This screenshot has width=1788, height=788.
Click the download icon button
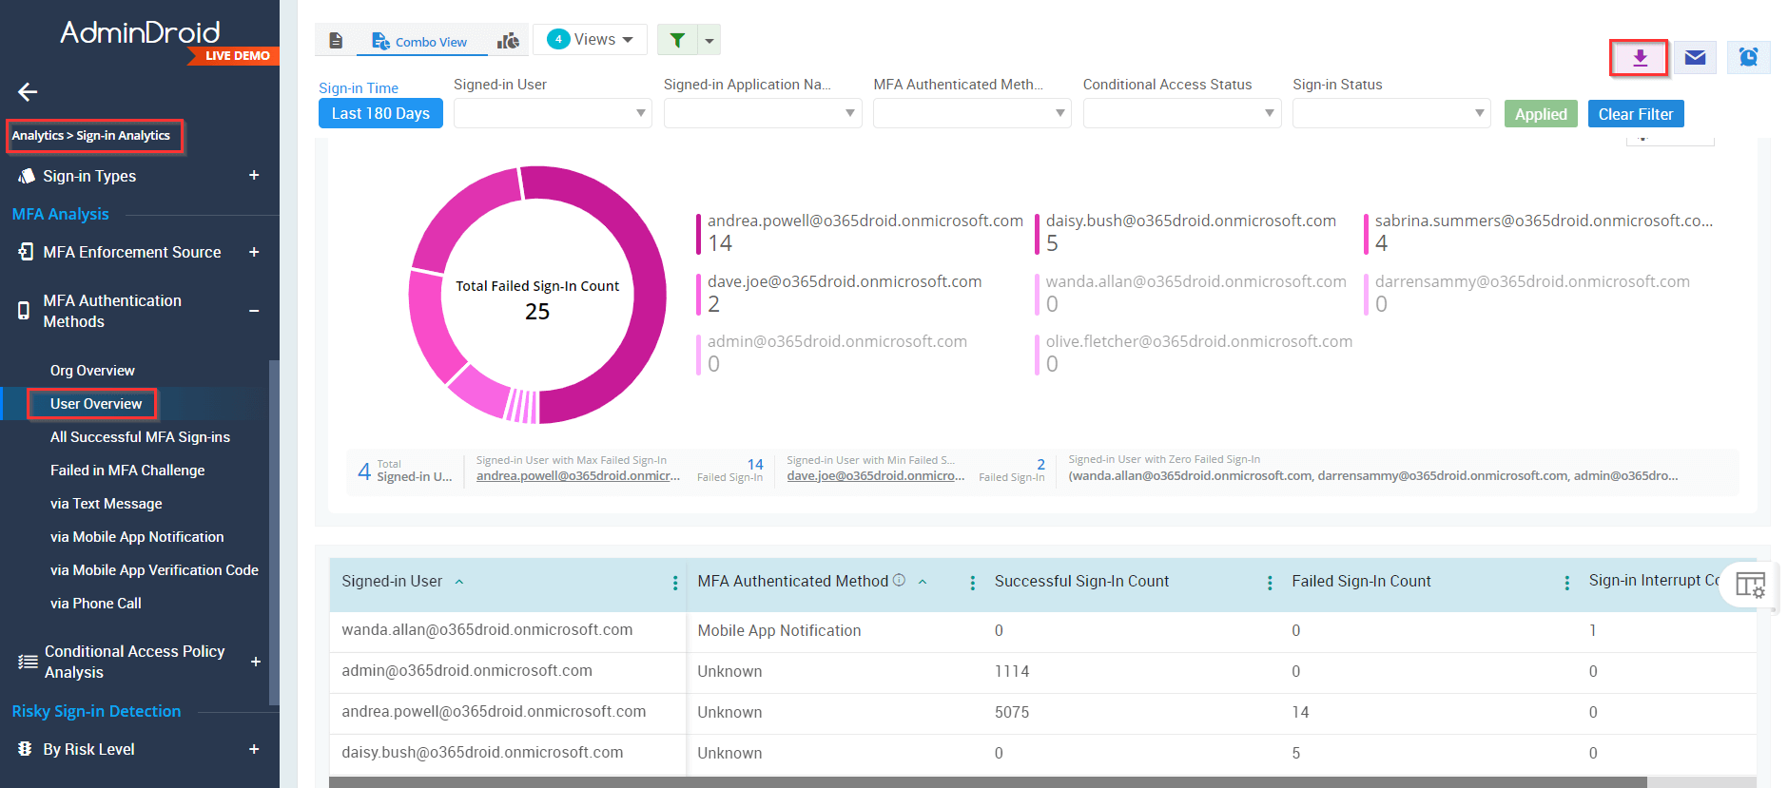point(1639,58)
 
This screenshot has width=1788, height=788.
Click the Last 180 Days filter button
point(380,113)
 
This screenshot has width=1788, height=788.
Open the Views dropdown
point(591,39)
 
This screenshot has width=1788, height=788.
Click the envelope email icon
point(1695,58)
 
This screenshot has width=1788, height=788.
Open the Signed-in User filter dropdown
point(553,113)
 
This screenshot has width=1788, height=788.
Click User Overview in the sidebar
point(96,404)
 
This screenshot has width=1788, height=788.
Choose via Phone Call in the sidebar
point(95,604)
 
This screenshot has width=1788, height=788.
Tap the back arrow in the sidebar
point(28,92)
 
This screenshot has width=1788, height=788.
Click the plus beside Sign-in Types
point(254,176)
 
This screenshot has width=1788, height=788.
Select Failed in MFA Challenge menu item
point(127,471)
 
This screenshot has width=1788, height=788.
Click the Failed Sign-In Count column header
point(1361,582)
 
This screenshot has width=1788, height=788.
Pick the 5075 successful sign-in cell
point(1012,712)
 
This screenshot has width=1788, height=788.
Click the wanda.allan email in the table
point(487,630)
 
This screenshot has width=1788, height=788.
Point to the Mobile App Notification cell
point(779,630)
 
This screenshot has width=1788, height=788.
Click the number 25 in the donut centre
point(537,312)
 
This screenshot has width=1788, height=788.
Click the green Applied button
point(1541,114)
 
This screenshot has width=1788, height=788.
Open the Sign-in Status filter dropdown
point(1390,113)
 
